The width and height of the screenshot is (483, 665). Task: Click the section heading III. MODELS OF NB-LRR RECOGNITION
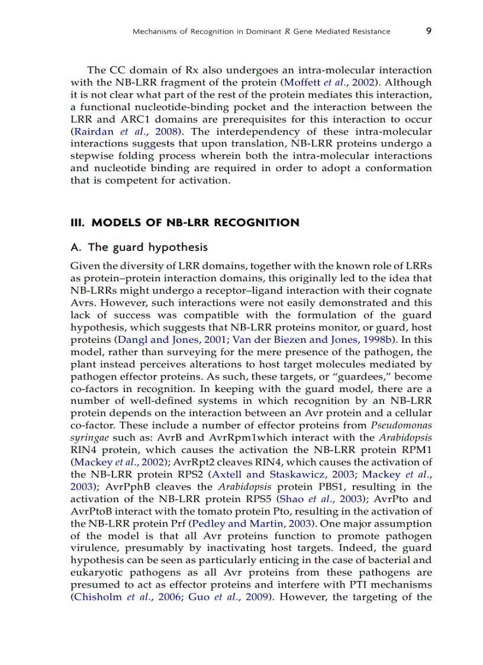(185, 223)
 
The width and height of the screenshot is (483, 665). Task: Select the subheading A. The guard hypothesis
(139, 246)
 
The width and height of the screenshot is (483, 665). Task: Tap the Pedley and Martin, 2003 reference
(247, 523)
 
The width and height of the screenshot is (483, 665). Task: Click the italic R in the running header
(287, 31)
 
